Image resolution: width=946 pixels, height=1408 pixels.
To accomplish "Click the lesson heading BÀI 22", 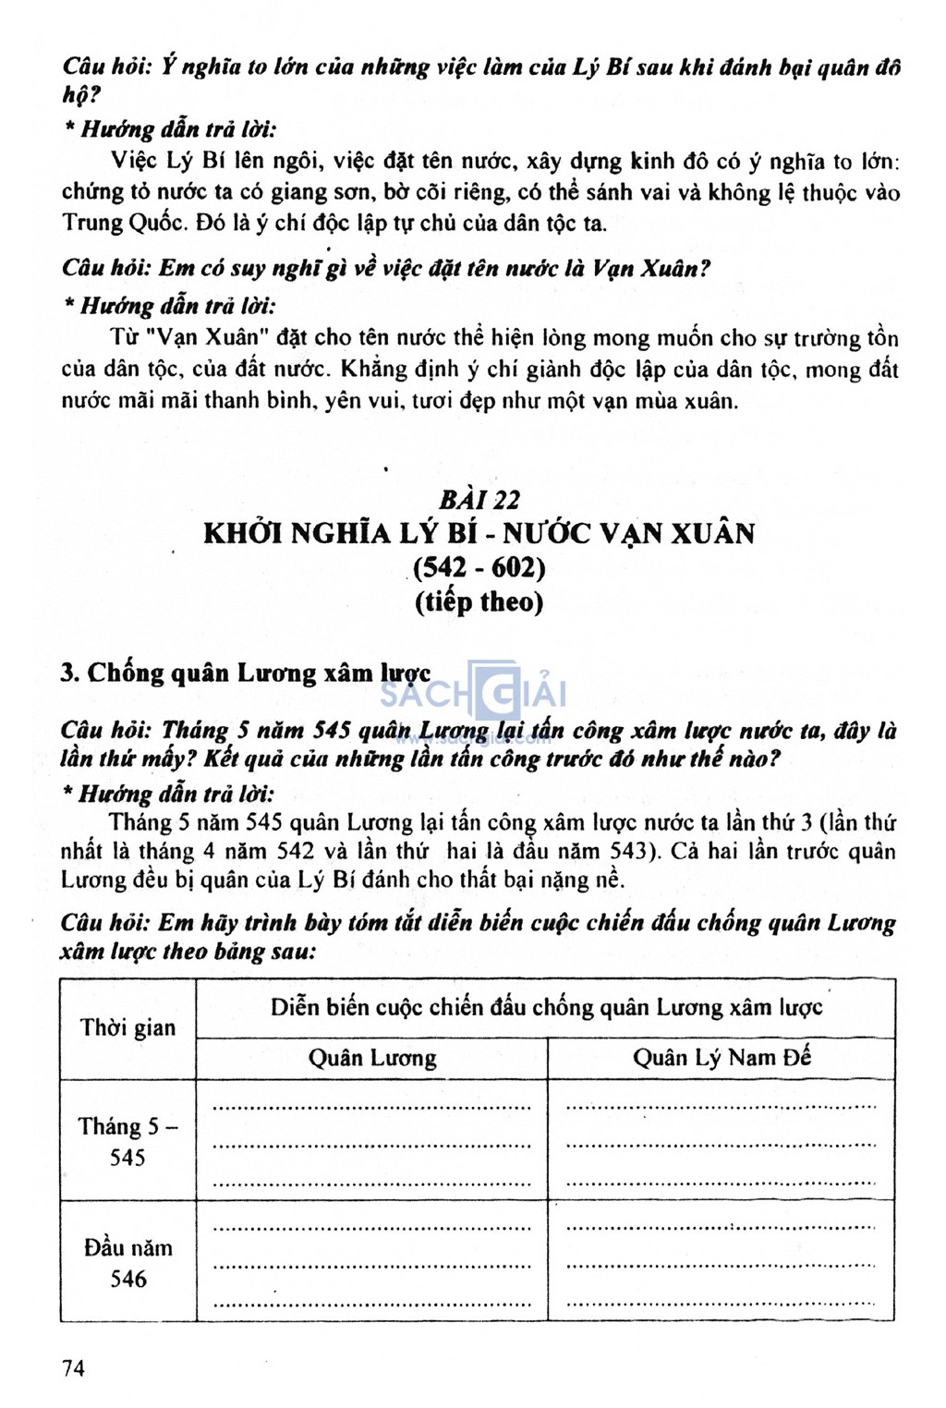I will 479,500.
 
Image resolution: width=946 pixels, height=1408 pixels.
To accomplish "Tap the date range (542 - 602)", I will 479,566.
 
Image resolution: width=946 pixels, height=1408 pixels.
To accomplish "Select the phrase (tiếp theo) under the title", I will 479,601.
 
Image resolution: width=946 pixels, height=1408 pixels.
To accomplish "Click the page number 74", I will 73,1367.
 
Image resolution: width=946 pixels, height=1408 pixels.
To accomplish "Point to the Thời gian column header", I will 127,1027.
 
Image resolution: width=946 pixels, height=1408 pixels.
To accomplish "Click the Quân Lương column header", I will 371,1058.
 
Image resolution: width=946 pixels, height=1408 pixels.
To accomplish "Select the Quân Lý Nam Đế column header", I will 722,1058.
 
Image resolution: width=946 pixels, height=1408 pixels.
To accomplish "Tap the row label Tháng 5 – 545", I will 127,1141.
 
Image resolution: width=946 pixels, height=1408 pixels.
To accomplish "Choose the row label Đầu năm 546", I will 127,1263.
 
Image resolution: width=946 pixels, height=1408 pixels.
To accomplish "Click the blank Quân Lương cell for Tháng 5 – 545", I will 371,1141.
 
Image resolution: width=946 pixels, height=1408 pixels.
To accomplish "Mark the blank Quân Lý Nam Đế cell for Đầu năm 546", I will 722,1262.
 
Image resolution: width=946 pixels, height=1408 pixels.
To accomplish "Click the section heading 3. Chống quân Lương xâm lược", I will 246,673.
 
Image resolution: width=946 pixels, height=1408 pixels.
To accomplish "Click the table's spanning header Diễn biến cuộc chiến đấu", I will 545,1007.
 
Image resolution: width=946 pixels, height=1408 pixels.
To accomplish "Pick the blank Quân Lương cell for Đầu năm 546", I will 371,1262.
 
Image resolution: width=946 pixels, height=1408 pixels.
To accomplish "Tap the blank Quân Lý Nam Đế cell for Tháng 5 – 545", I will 722,1141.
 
